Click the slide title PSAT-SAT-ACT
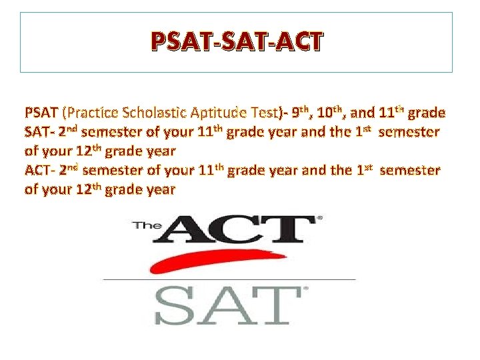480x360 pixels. point(236,42)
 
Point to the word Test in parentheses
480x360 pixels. point(266,113)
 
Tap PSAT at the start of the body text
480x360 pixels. point(41,113)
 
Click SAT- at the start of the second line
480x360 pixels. point(39,132)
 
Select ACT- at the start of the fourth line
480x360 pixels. point(40,171)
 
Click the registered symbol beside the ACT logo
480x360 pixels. point(319,218)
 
